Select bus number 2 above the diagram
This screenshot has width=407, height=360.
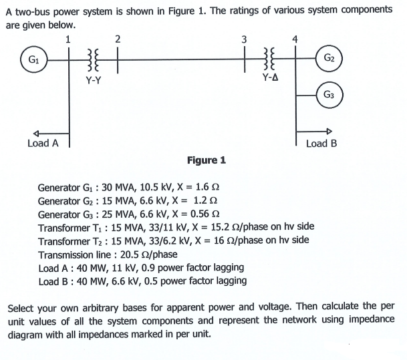pos(117,38)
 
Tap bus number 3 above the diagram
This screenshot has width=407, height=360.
pos(245,38)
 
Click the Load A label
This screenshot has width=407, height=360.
pos(43,143)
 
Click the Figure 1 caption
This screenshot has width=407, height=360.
pos(207,160)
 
